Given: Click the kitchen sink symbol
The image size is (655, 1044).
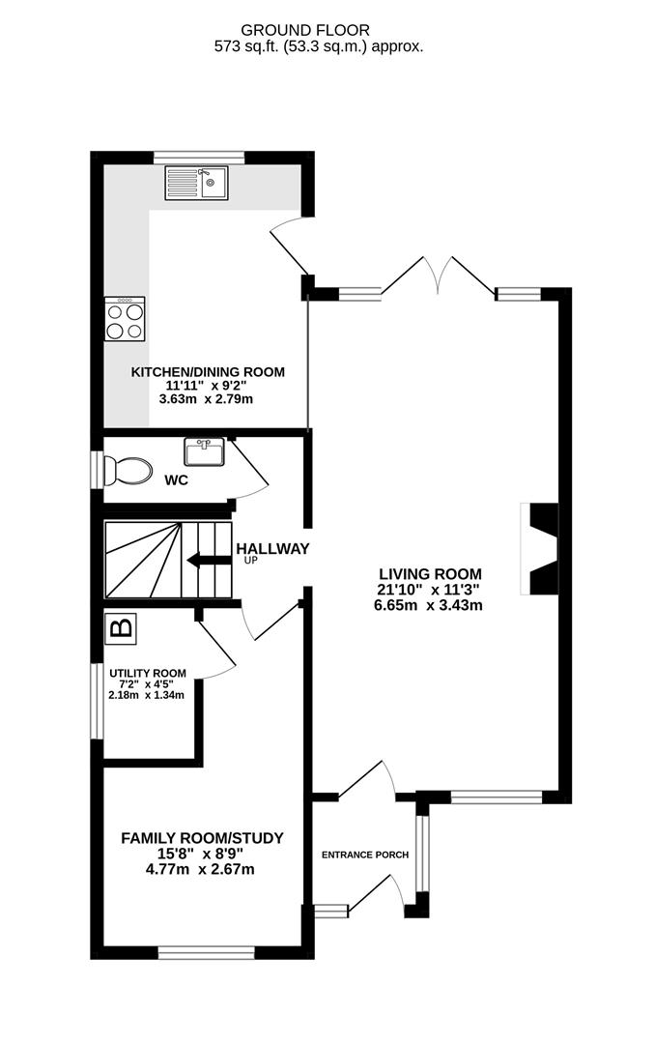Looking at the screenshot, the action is [x=196, y=183].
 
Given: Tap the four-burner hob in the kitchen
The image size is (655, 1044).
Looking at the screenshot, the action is [x=125, y=319].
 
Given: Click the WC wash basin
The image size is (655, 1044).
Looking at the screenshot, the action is [x=205, y=452].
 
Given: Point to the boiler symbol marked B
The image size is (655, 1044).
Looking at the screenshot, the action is [x=122, y=628].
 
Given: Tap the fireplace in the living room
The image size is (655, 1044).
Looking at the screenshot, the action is [x=539, y=549].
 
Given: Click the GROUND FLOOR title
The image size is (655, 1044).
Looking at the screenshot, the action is [x=305, y=30].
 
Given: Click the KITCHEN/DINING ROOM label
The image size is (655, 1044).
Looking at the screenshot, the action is [x=208, y=372].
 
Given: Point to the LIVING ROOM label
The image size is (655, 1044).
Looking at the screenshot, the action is [x=431, y=574].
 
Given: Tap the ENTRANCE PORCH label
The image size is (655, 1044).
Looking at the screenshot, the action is [x=365, y=855].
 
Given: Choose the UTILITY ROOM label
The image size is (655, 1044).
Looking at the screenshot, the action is [x=148, y=673].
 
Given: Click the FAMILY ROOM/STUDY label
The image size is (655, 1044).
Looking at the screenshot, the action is [x=202, y=838].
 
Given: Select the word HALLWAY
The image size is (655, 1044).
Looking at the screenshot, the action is [x=272, y=549].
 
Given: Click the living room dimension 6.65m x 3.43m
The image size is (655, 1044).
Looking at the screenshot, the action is [x=429, y=605].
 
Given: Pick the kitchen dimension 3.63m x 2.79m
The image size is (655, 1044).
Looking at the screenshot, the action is [x=207, y=399].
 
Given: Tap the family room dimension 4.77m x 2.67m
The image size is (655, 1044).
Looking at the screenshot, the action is [x=200, y=869].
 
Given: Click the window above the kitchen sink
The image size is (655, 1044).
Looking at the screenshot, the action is [x=199, y=158].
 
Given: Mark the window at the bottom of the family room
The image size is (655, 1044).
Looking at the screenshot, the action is [x=207, y=953].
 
